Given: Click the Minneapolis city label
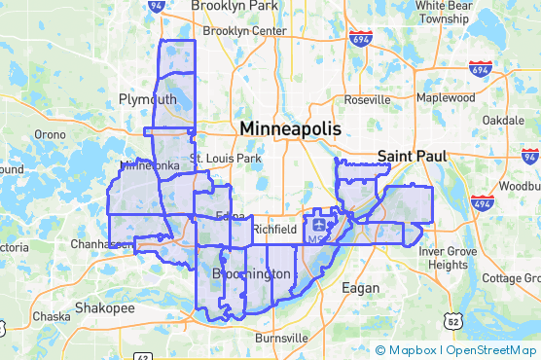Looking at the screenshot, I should coord(291,128).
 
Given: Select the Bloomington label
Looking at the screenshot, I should coord(251,274).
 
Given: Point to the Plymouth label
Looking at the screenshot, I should coord(147,99).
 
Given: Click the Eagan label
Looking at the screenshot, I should coord(360,287).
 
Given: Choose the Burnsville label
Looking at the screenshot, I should coord(279,338).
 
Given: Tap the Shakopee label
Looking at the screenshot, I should coord(105,307).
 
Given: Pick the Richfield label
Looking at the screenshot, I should coord(273,230).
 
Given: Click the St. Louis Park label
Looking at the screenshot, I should coord(226,158).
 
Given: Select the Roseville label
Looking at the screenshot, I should coord(367,100).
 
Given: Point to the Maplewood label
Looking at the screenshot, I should coord(445,98).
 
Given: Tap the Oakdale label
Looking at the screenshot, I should coord(503,119).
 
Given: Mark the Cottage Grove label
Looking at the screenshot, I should coord(510,278).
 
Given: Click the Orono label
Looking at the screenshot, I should coord(50,134).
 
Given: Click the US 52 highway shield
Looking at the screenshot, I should coord(451,320).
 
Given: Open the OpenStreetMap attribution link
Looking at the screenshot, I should coord(492,349).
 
